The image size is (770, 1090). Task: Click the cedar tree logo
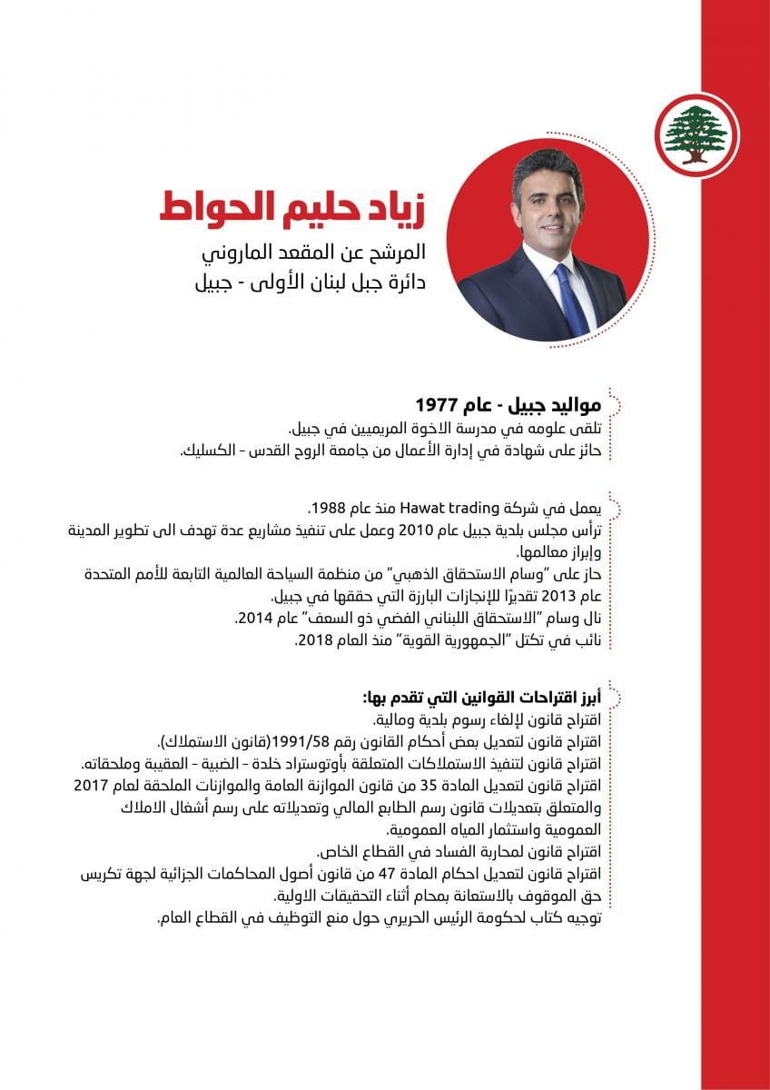tap(697, 133)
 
